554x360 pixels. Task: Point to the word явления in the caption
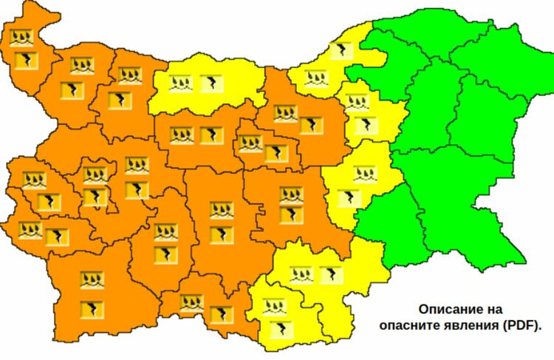[x=475, y=324]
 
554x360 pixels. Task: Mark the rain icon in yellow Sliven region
[x=363, y=174]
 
